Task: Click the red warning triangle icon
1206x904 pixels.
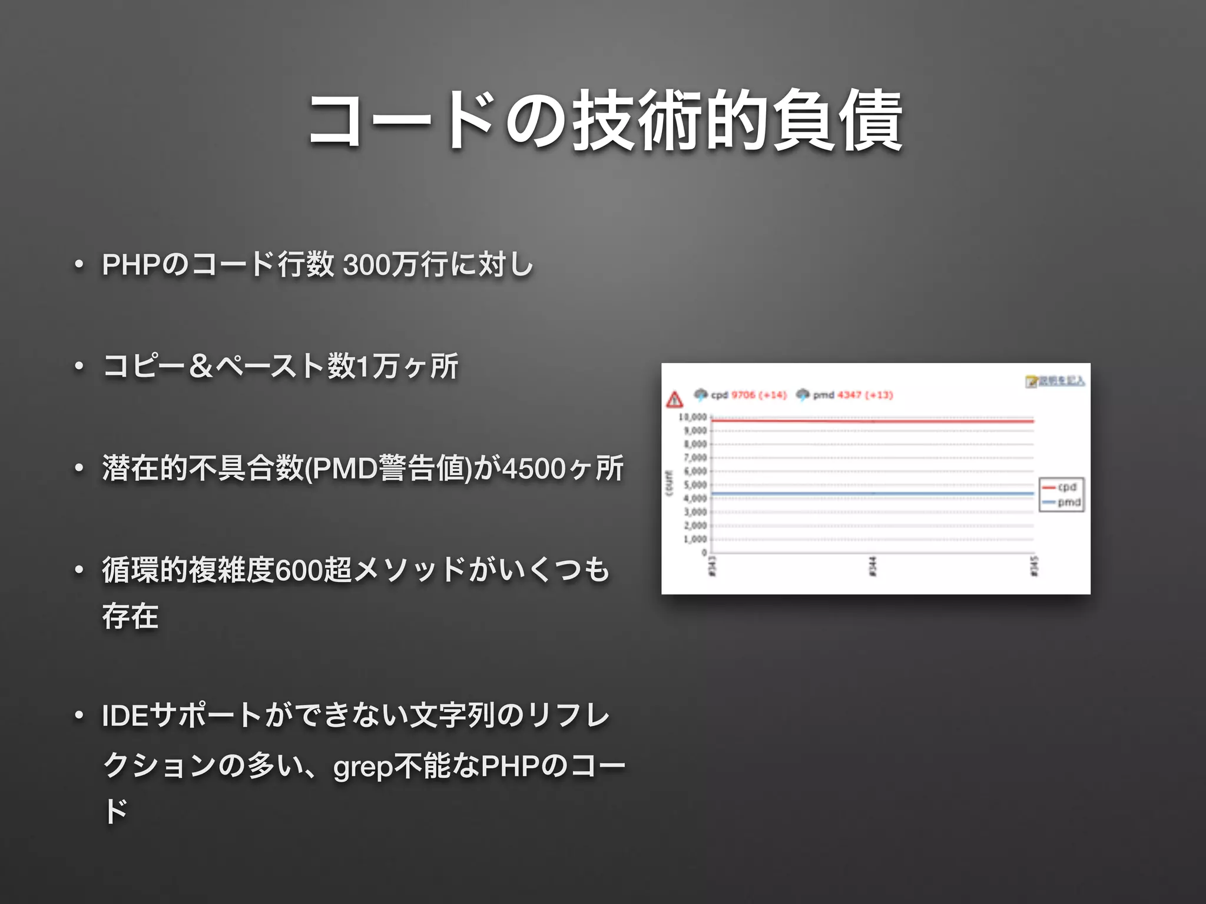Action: click(674, 400)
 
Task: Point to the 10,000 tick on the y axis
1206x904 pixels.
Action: click(693, 417)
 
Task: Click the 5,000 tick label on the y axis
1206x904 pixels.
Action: click(695, 485)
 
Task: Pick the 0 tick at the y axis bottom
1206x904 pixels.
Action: click(704, 553)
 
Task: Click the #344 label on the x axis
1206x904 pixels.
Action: click(873, 566)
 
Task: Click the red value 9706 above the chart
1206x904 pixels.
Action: click(743, 395)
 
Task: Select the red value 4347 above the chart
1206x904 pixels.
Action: click(849, 395)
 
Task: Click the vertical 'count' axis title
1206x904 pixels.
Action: click(669, 483)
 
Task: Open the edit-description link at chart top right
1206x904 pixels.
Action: click(1060, 381)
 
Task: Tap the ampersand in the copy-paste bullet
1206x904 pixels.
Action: click(201, 366)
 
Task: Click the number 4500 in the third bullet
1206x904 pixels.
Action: click(534, 469)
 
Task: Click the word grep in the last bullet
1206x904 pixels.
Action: click(363, 767)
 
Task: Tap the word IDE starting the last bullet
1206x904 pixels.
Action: click(125, 716)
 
